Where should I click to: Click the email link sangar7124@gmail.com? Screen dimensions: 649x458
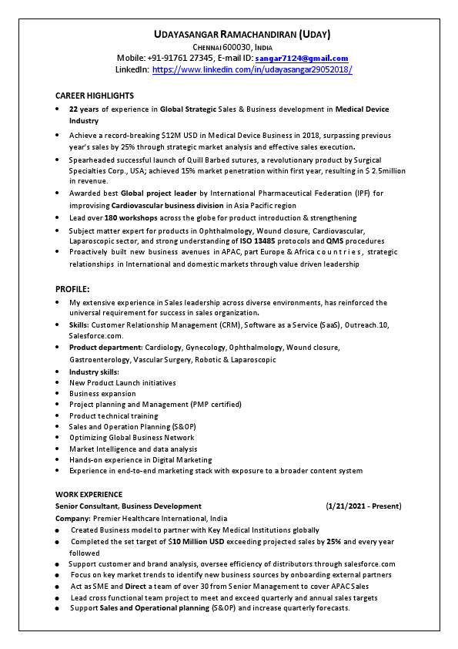click(302, 58)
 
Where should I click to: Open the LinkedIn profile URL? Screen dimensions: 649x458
click(252, 69)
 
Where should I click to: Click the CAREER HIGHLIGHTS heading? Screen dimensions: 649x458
click(95, 96)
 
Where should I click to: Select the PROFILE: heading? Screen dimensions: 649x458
click(74, 289)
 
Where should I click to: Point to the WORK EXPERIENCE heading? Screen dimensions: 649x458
click(89, 494)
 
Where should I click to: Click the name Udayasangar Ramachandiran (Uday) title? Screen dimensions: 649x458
click(242, 35)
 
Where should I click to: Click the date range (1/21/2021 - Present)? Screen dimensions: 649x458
click(363, 506)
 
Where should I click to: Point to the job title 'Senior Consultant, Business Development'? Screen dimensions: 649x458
click(129, 506)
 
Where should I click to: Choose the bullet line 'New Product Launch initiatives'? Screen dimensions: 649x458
click(122, 382)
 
